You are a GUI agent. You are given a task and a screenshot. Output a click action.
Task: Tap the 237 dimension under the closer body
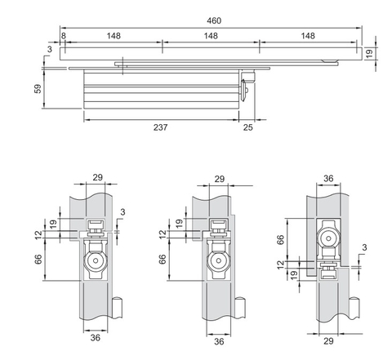tap(160, 128)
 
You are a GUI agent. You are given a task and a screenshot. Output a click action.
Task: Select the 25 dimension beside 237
tap(247, 128)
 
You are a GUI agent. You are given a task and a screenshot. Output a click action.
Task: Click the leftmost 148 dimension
tap(112, 36)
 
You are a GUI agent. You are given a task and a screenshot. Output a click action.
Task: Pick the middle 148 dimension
tap(211, 36)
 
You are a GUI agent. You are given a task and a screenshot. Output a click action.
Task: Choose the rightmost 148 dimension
tap(309, 36)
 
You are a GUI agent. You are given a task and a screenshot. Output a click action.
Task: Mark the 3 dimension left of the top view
tap(49, 51)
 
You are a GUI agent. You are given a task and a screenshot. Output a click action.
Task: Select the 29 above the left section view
tap(96, 177)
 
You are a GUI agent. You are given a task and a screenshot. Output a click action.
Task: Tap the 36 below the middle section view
tap(218, 343)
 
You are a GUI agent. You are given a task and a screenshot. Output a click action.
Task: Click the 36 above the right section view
tap(327, 177)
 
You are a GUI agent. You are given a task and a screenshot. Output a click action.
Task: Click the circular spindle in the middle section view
tap(218, 264)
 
